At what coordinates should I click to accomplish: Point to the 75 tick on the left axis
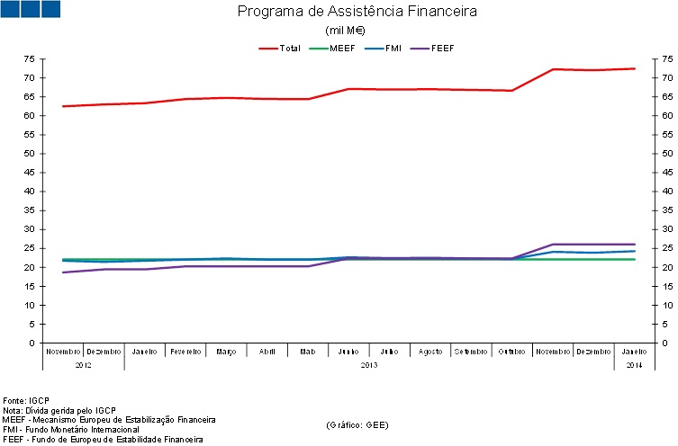(30, 58)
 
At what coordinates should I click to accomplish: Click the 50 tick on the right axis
(667, 154)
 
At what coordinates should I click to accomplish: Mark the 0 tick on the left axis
(32, 343)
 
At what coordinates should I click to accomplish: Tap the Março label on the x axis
(226, 352)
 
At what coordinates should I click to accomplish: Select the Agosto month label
(430, 352)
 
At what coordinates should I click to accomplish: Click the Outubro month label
(512, 352)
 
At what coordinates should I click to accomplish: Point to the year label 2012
(84, 365)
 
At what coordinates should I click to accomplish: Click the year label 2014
(635, 365)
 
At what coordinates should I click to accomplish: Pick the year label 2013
(369, 365)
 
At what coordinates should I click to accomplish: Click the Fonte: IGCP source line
(27, 400)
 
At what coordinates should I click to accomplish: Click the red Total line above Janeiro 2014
(635, 68)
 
